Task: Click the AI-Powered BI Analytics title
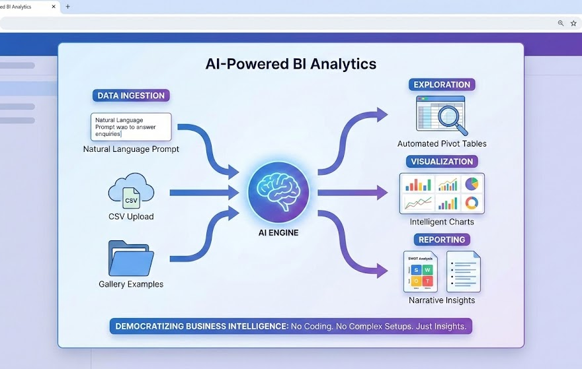point(291,64)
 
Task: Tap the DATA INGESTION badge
point(131,95)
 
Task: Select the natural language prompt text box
point(131,126)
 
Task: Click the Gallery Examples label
point(131,285)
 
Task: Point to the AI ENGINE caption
point(278,233)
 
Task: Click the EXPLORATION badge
point(441,84)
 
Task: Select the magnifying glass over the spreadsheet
point(450,117)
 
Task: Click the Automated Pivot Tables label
point(441,143)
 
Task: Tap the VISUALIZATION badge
point(441,162)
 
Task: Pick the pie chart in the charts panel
point(471,183)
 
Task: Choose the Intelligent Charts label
point(441,222)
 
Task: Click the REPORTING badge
point(441,240)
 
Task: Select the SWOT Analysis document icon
point(421,271)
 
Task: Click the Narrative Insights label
point(441,300)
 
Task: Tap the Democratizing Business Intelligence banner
point(291,326)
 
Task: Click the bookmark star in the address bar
point(573,23)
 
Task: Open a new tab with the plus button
point(67,7)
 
